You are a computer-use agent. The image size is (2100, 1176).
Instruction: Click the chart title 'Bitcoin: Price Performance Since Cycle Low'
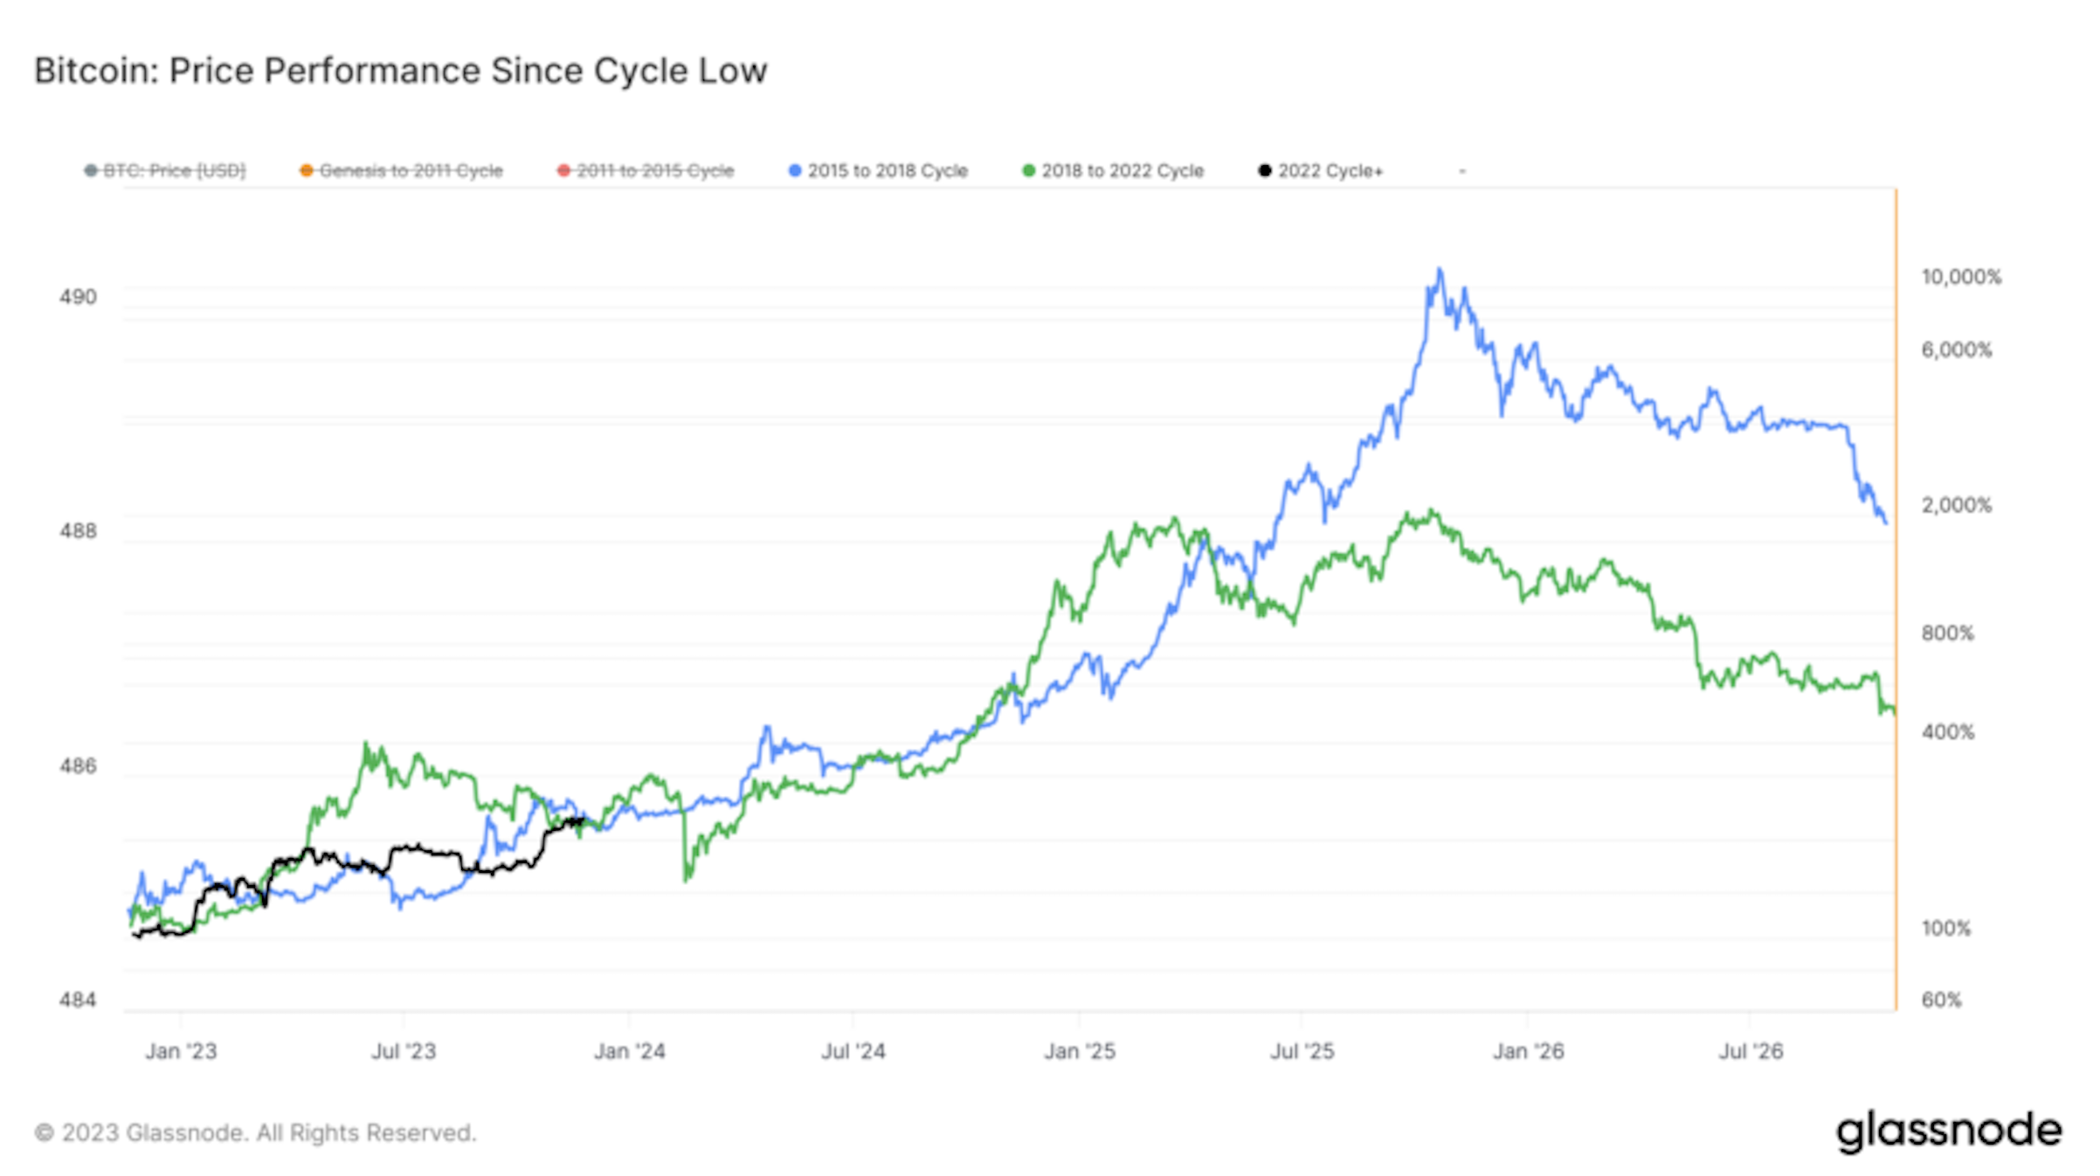(x=400, y=71)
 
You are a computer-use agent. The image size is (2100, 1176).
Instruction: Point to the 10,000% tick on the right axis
(x=1960, y=277)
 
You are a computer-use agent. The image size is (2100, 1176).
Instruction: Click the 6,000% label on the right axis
(x=1956, y=350)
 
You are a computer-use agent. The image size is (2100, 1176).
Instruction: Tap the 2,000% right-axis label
(x=1956, y=505)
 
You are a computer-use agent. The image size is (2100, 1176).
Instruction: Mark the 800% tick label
(x=1947, y=633)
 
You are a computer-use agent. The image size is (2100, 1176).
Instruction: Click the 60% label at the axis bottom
(x=1941, y=1000)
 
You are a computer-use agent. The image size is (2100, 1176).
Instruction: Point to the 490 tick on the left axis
(x=78, y=297)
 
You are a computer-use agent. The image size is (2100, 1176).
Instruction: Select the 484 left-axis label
(x=78, y=1000)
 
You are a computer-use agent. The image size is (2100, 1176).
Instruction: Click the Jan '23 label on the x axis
(x=181, y=1051)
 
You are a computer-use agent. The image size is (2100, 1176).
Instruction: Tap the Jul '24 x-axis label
(x=853, y=1051)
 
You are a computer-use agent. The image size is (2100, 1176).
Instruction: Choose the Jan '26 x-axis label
(x=1528, y=1051)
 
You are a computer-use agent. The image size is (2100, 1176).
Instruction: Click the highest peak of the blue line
(x=1440, y=270)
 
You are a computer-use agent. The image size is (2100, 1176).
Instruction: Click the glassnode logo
(x=1949, y=1131)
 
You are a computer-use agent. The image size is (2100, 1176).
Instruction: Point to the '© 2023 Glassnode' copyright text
(x=255, y=1133)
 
